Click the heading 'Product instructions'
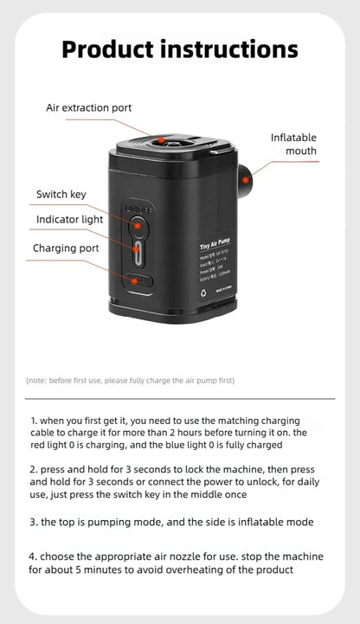[179, 49]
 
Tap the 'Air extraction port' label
[89, 108]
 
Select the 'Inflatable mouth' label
[293, 145]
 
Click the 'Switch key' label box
[61, 194]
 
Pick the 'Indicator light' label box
[69, 220]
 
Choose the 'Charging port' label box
[66, 248]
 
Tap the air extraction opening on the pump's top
[162, 138]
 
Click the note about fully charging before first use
[130, 380]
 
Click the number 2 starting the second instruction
[32, 468]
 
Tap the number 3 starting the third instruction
[32, 522]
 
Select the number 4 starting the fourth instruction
[32, 556]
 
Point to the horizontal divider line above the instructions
[179, 398]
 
